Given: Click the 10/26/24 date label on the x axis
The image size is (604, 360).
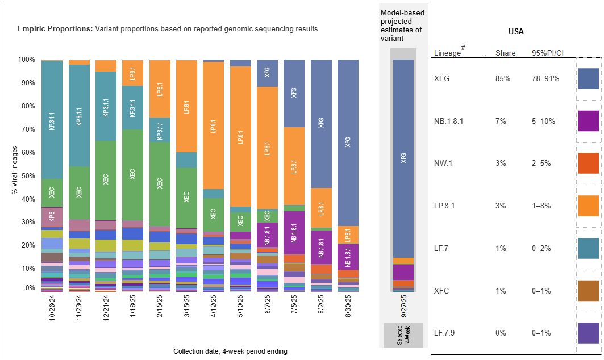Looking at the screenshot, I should click(52, 306).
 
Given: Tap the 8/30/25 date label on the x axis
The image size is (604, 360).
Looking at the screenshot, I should click(348, 306).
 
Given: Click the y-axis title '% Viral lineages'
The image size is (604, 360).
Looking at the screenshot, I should click(15, 170).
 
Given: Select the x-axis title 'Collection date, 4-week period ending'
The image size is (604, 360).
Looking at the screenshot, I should click(230, 351).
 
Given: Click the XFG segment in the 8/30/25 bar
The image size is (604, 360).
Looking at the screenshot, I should click(348, 142).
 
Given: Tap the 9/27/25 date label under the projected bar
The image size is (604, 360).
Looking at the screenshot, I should click(404, 306).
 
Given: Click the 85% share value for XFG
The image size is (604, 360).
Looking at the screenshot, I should click(503, 78).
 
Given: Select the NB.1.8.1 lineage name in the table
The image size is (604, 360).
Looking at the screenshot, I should click(449, 121).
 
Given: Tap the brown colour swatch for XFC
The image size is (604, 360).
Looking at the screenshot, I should click(588, 291).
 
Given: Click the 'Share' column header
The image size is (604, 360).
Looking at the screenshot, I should click(505, 53).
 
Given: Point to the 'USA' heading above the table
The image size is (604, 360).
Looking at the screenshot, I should click(515, 31).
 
